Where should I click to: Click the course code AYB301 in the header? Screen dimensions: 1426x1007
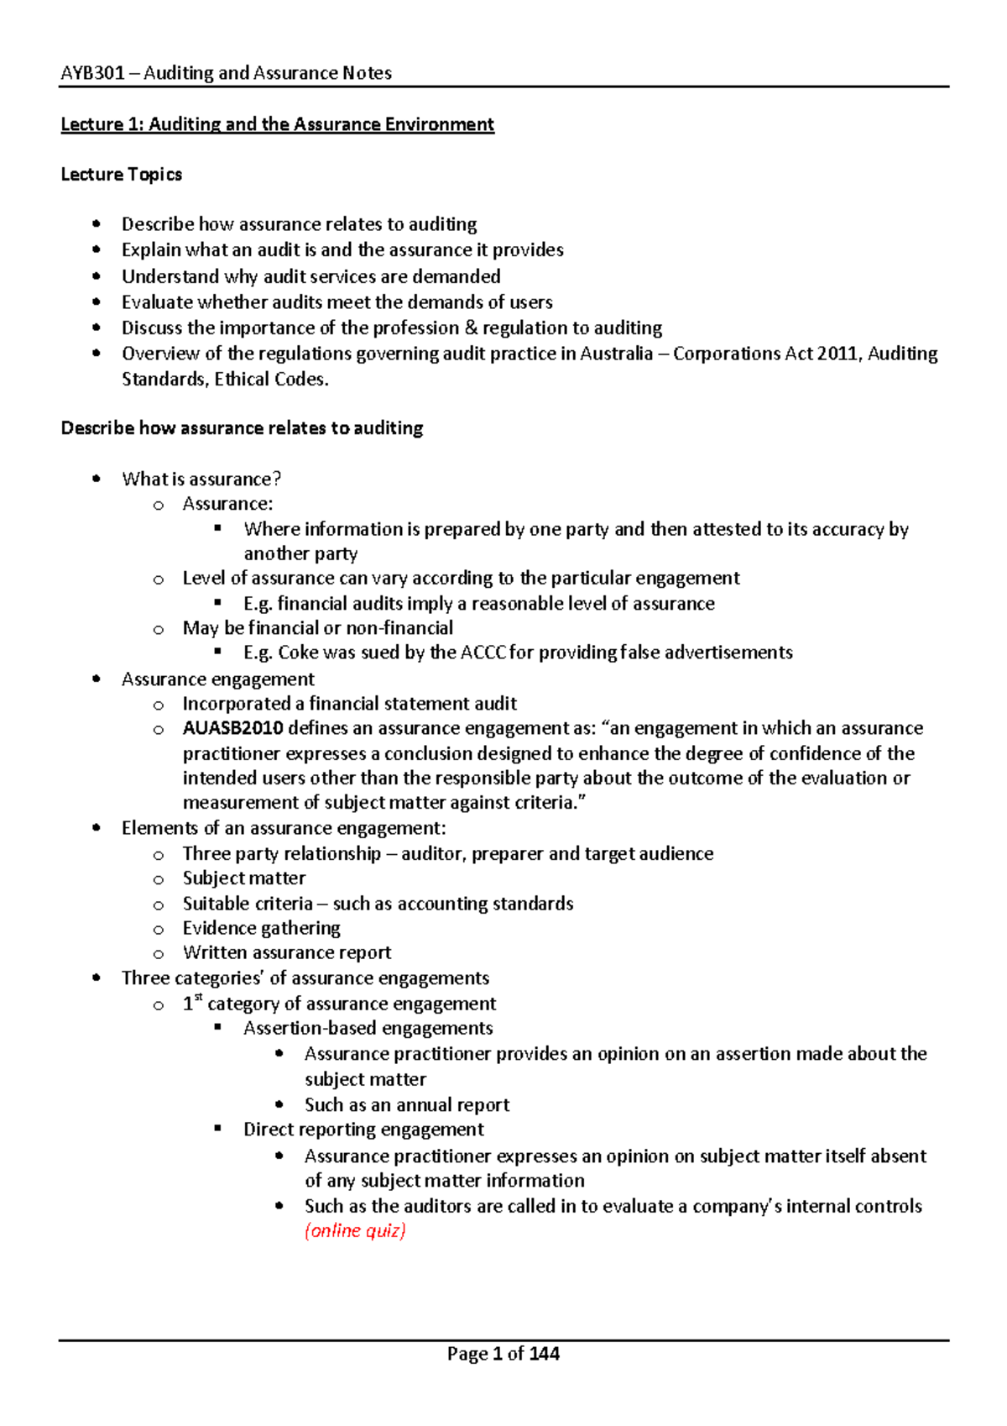pyautogui.click(x=92, y=73)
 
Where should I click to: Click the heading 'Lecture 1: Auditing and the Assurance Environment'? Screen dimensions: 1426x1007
pyautogui.click(x=277, y=124)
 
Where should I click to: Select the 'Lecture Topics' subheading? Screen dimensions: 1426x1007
pyautogui.click(x=121, y=175)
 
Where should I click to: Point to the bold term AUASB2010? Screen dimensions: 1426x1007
pyautogui.click(x=232, y=728)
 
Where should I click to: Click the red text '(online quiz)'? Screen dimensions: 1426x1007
pyautogui.click(x=355, y=1231)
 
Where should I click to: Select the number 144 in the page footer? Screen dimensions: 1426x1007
pyautogui.click(x=545, y=1354)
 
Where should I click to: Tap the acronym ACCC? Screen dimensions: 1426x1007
pyautogui.click(x=483, y=653)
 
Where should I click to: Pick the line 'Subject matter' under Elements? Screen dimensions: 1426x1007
pyautogui.click(x=244, y=878)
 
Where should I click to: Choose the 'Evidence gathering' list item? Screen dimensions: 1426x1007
pyautogui.click(x=262, y=928)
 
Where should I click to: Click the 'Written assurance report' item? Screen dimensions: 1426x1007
pyautogui.click(x=287, y=953)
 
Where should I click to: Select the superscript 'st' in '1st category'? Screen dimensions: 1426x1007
pyautogui.click(x=199, y=998)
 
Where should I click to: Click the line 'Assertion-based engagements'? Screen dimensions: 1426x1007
pyautogui.click(x=368, y=1029)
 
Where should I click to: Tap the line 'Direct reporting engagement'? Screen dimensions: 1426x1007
pyautogui.click(x=363, y=1130)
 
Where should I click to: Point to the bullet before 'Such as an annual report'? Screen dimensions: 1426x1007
pyautogui.click(x=279, y=1105)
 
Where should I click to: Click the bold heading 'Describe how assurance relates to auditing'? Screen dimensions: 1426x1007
pyautogui.click(x=242, y=428)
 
